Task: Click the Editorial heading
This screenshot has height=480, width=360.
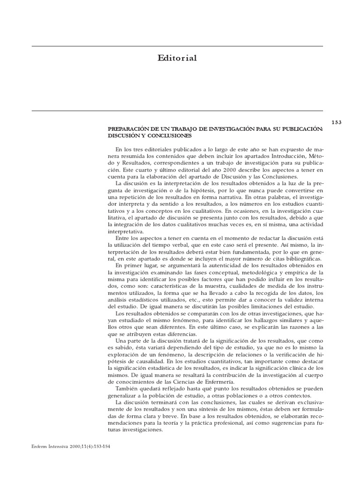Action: pos(177,58)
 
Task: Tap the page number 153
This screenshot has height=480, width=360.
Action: pos(337,122)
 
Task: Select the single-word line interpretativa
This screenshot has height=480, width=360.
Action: pos(126,232)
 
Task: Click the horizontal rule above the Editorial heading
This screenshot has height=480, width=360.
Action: pos(177,46)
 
